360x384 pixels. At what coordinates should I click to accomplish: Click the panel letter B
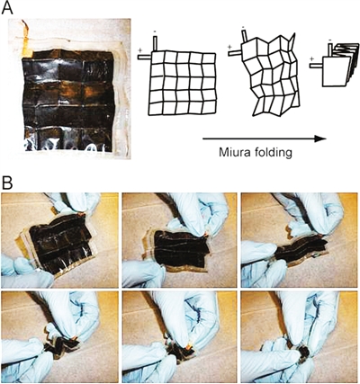tap(7, 183)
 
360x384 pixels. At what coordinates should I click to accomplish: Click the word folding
tap(273, 153)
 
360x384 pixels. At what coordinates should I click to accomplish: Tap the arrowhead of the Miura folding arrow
tap(320, 138)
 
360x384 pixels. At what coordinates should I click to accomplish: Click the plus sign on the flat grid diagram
tap(139, 50)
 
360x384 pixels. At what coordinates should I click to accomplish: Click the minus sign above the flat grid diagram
tap(155, 31)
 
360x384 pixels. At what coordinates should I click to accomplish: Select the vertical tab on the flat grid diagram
tap(155, 43)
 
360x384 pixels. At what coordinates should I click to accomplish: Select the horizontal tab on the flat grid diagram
tap(145, 57)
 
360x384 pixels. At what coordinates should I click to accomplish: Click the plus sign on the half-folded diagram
tap(230, 47)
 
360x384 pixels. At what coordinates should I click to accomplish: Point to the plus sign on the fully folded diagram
tap(312, 58)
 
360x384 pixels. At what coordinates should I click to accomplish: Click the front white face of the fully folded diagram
tap(336, 71)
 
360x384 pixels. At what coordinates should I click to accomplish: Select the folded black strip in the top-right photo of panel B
tap(300, 249)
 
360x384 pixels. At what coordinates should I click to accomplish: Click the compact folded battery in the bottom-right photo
tap(303, 354)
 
